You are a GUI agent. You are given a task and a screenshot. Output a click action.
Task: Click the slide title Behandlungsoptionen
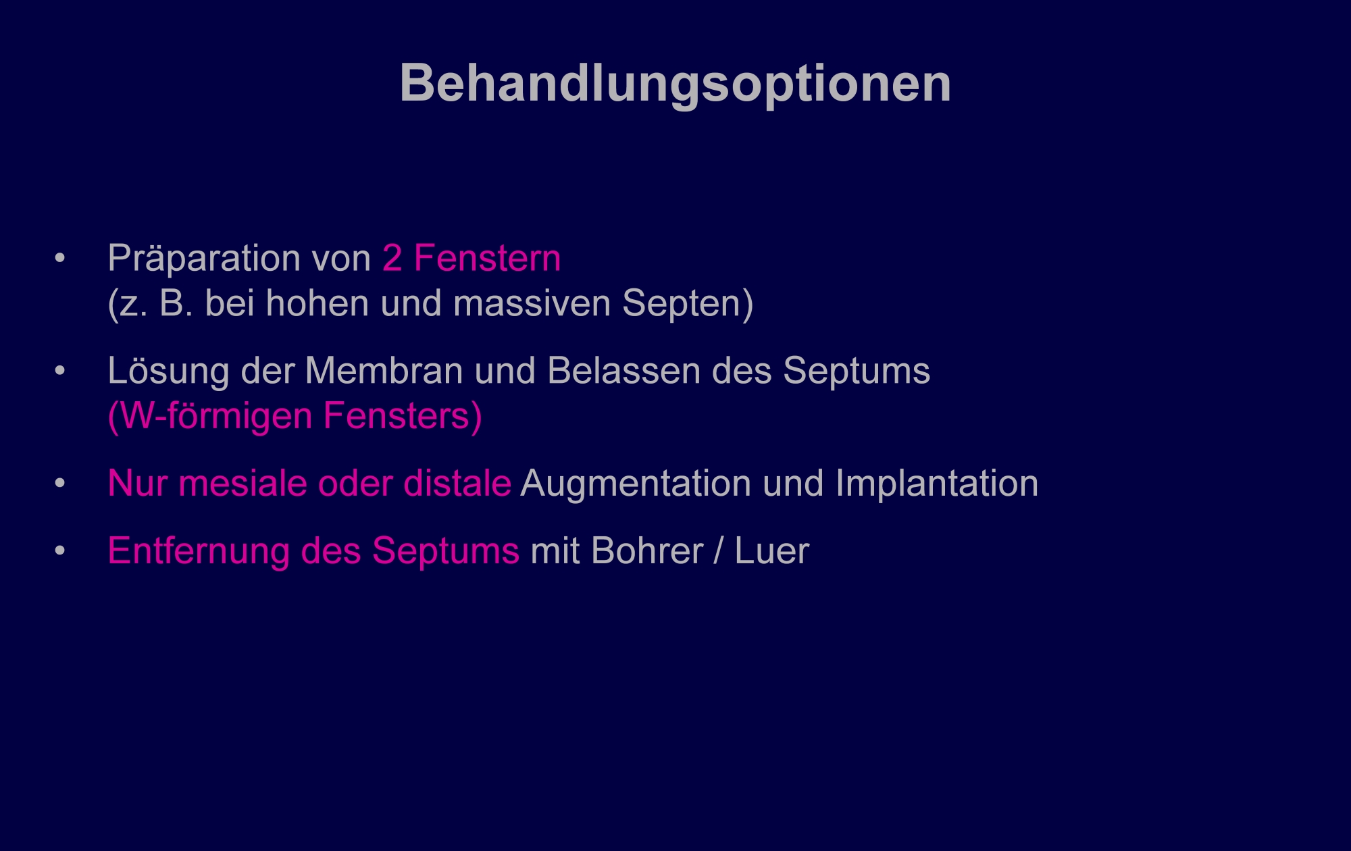coord(675,84)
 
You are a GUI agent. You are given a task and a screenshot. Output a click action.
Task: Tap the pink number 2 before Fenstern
coord(392,259)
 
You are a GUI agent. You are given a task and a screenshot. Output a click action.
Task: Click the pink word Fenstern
coord(487,259)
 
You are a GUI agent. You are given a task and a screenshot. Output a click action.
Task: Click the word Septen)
coord(688,303)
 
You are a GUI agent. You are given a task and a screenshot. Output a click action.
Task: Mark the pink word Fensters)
coord(403,416)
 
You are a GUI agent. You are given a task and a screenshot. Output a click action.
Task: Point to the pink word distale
coord(457,484)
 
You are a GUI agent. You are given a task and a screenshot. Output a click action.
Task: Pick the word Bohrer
coord(647,551)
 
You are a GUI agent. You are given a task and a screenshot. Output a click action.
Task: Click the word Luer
coord(771,551)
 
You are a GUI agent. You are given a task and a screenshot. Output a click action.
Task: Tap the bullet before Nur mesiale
coord(60,484)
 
